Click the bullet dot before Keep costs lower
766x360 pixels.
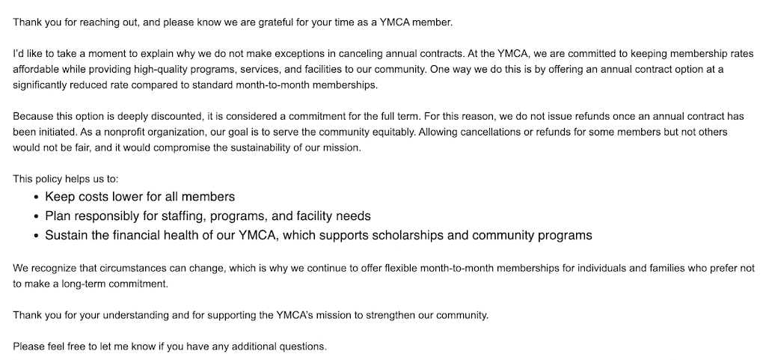pyautogui.click(x=37, y=197)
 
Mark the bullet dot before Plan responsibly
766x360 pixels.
pyautogui.click(x=37, y=216)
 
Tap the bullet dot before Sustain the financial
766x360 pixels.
pyautogui.click(x=37, y=236)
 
